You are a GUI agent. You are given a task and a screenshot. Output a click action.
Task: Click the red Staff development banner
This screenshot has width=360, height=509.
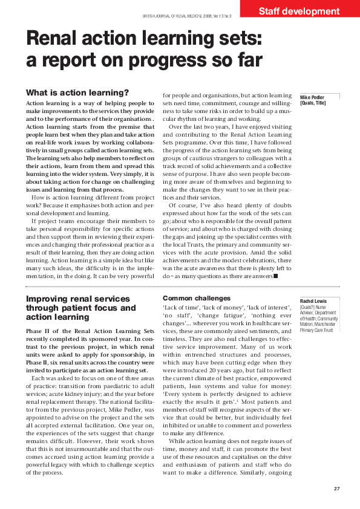click(x=299, y=10)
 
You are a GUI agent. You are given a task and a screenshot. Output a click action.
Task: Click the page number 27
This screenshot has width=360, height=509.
click(x=338, y=488)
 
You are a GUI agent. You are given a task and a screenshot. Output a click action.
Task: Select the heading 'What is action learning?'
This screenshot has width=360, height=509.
click(x=77, y=92)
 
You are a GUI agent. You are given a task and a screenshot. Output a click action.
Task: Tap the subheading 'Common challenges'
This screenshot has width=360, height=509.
click(x=197, y=299)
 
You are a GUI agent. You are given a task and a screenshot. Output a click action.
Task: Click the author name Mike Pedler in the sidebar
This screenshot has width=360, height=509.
click(x=313, y=97)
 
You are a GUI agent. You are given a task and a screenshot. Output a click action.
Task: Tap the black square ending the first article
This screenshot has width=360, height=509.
click(x=275, y=276)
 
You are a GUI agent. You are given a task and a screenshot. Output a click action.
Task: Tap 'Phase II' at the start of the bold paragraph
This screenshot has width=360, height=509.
click(x=40, y=331)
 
